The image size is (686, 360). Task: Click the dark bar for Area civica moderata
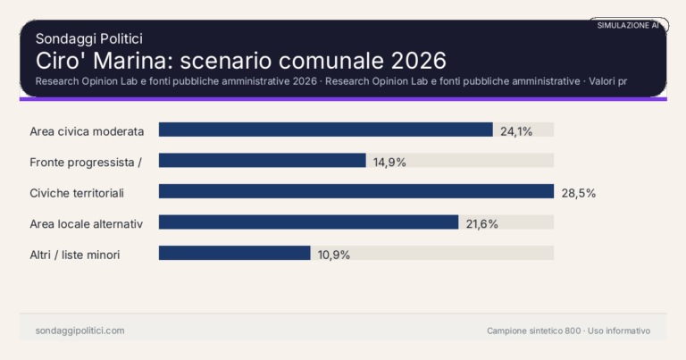[x=325, y=130]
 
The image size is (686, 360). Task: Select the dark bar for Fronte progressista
[x=262, y=161]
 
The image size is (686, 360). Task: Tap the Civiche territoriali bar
[x=356, y=191]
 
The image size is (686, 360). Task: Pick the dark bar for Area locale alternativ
[x=308, y=222]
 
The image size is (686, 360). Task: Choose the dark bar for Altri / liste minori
[x=234, y=253]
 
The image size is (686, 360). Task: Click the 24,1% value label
[x=516, y=131]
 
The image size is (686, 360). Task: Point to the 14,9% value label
[x=389, y=162]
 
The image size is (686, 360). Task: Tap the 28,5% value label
[x=578, y=192]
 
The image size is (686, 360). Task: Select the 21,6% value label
[x=482, y=223]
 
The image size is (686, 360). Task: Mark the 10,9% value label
[x=334, y=255]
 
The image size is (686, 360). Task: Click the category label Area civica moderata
[x=87, y=131]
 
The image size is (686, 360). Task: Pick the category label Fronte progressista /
[x=87, y=162]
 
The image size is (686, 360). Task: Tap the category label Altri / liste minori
[x=75, y=255]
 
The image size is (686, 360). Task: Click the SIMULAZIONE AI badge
[x=628, y=26]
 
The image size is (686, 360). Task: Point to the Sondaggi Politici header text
[x=89, y=38]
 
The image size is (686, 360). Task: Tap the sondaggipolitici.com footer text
[x=79, y=331]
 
